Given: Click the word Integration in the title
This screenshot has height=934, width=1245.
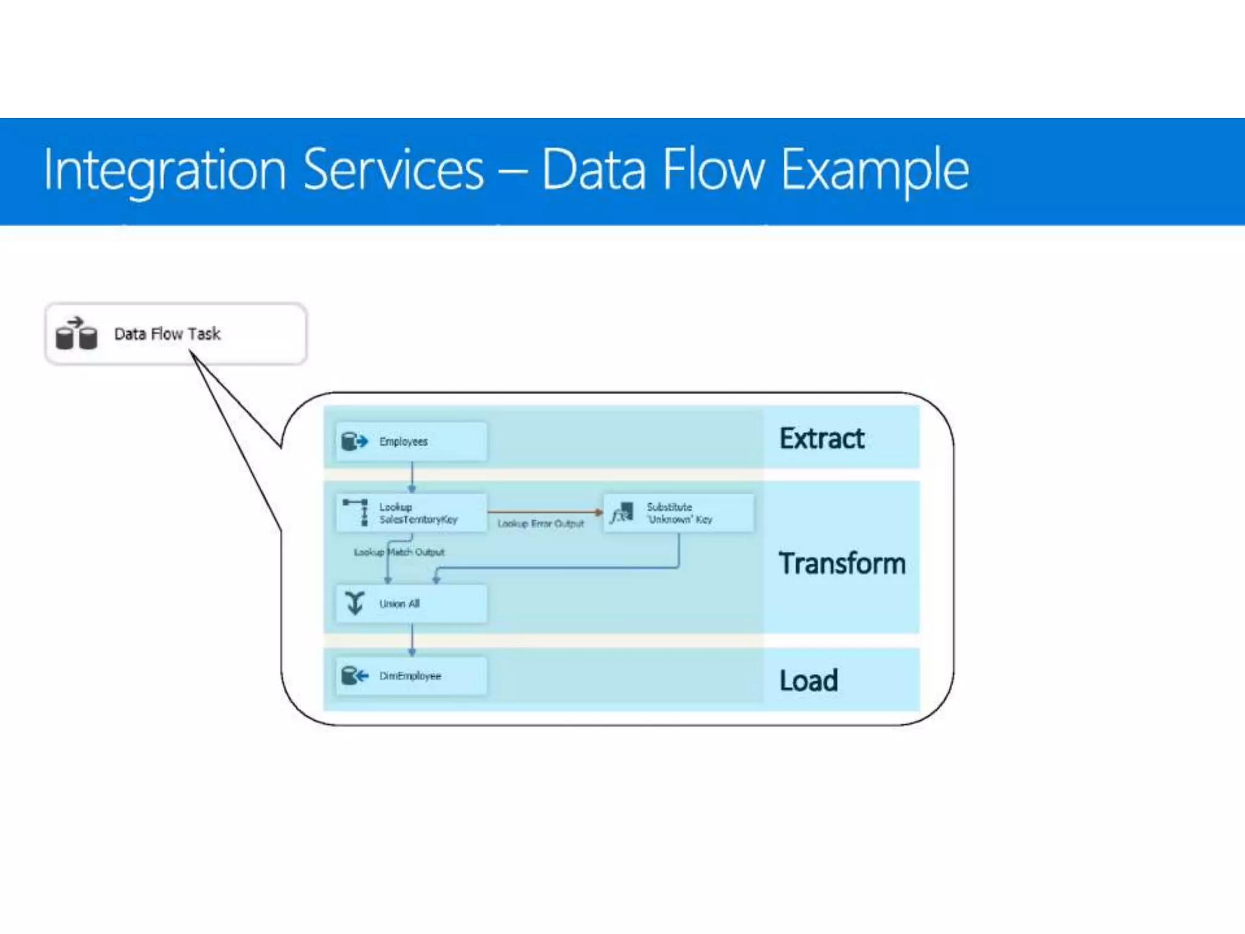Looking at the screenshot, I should click(164, 171).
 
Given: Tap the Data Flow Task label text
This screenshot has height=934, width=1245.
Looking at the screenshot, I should click(167, 334).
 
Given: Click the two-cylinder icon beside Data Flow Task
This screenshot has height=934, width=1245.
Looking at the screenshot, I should click(77, 334).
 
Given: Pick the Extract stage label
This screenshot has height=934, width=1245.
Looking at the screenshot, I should click(821, 438).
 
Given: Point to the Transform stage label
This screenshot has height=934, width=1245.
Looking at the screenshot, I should click(842, 563).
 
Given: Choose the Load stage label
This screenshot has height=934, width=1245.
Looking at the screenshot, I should click(809, 680).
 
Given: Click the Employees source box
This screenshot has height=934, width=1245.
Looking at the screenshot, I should click(412, 441).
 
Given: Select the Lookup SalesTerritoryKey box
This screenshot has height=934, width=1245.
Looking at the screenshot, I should click(412, 513).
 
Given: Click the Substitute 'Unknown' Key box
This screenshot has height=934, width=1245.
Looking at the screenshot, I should click(678, 513).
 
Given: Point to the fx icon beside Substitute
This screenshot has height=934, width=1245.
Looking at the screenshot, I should click(621, 513).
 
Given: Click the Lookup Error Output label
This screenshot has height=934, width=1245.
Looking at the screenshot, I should click(540, 524).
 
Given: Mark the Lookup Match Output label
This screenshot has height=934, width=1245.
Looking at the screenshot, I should click(399, 552).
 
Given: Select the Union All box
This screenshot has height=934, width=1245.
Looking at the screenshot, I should click(412, 604).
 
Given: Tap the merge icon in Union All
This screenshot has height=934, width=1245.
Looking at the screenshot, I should click(354, 603).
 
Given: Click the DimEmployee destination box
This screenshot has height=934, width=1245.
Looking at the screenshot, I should click(412, 676).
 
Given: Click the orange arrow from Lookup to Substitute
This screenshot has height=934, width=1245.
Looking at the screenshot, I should click(544, 512).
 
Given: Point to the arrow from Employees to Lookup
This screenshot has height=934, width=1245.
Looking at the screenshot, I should click(412, 477).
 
